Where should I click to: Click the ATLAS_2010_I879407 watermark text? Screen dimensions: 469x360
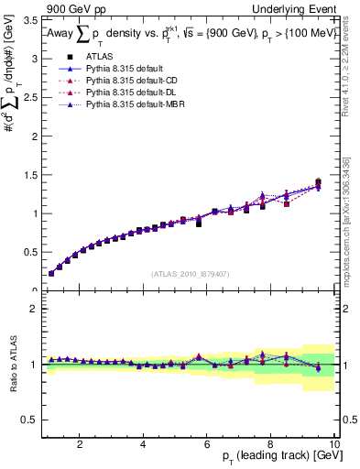click(x=190, y=274)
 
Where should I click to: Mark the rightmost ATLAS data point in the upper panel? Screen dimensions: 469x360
click(x=318, y=182)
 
